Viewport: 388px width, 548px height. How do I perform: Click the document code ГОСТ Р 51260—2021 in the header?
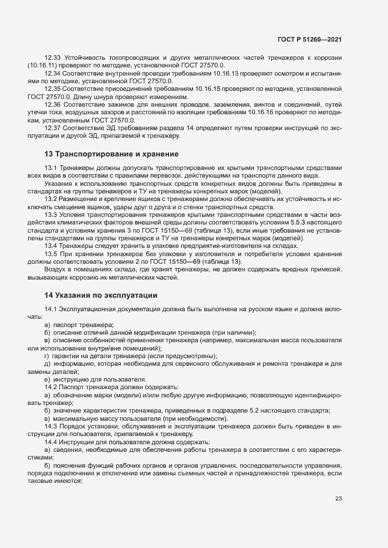pyautogui.click(x=309, y=39)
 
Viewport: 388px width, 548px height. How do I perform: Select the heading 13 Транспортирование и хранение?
pyautogui.click(x=111, y=154)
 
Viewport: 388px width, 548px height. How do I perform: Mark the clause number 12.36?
pyautogui.click(x=53, y=104)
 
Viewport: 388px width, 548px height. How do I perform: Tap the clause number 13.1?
pyautogui.click(x=51, y=167)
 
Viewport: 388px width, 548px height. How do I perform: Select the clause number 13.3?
pyautogui.click(x=51, y=215)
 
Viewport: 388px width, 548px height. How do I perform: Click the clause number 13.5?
pyautogui.click(x=51, y=254)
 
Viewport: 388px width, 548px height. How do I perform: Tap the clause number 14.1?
pyautogui.click(x=51, y=309)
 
